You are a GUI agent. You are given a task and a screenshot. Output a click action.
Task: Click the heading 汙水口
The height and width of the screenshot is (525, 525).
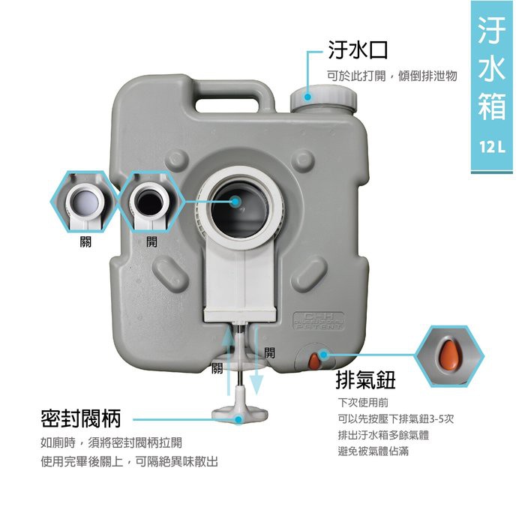[x=358, y=51]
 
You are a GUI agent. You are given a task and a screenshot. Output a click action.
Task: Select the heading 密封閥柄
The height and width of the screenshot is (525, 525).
[x=81, y=418]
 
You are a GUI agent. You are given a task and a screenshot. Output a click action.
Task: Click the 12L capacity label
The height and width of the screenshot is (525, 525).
[x=491, y=145]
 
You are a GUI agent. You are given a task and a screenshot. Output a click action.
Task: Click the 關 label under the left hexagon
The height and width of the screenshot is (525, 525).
[x=85, y=243]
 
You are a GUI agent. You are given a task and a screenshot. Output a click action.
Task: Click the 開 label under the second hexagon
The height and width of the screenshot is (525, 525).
[x=152, y=243]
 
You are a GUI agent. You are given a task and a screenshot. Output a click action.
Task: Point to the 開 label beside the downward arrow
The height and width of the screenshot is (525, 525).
[x=269, y=352]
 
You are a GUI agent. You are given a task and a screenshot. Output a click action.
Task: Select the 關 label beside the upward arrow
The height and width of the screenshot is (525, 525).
[x=217, y=367]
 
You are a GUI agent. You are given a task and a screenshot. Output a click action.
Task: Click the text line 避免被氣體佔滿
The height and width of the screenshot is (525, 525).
[x=373, y=451]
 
